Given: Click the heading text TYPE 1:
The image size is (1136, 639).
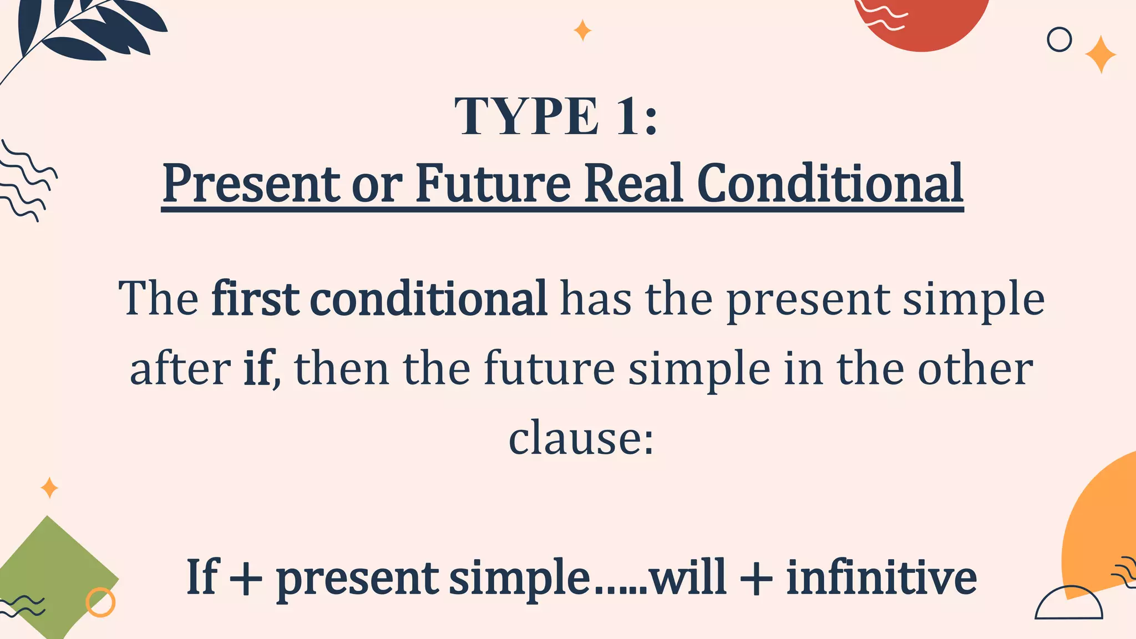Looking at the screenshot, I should click(x=556, y=116).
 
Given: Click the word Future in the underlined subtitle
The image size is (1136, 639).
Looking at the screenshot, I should click(x=493, y=184).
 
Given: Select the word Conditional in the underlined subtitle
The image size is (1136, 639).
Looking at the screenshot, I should click(x=830, y=184).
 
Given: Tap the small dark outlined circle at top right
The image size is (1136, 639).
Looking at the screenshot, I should click(x=1059, y=40).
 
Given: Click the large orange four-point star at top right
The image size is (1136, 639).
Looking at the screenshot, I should click(x=1100, y=55).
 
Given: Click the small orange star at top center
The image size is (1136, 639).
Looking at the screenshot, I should click(x=582, y=31).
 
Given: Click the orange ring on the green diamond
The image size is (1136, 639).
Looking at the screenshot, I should click(x=100, y=602).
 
